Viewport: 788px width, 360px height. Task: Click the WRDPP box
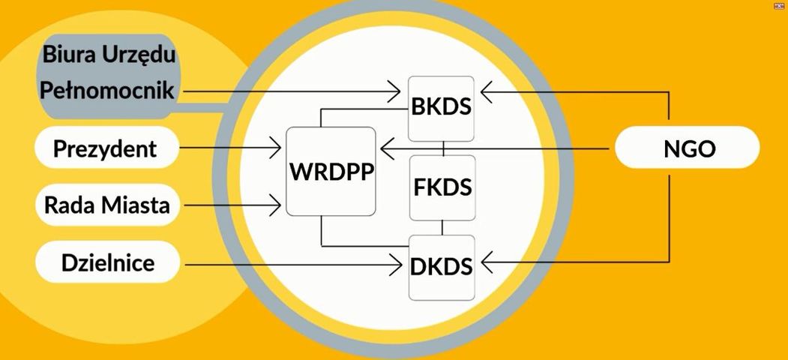coord(331,172)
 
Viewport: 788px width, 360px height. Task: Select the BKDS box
coord(442,109)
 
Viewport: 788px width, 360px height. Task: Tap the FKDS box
coord(442,187)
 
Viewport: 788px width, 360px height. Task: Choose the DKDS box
coord(442,268)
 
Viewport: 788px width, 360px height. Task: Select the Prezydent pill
coord(106,149)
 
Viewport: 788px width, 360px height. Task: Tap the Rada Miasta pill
coord(107,205)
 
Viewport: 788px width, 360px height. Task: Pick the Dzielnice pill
coord(107,262)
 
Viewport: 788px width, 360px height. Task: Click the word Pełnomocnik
coord(107,90)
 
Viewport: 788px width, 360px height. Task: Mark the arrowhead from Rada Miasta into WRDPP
coord(274,205)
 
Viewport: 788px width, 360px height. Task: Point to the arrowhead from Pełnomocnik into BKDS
coord(394,91)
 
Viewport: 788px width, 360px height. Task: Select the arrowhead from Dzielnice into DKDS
coord(396,265)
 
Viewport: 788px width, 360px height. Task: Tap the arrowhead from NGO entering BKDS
coord(487,92)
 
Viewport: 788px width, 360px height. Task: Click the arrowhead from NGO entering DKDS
coord(488,262)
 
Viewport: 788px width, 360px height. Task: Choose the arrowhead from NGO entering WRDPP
coord(387,148)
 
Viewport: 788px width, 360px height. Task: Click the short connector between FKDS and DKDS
coord(442,228)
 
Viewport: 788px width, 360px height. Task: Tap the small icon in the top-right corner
coord(780,5)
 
